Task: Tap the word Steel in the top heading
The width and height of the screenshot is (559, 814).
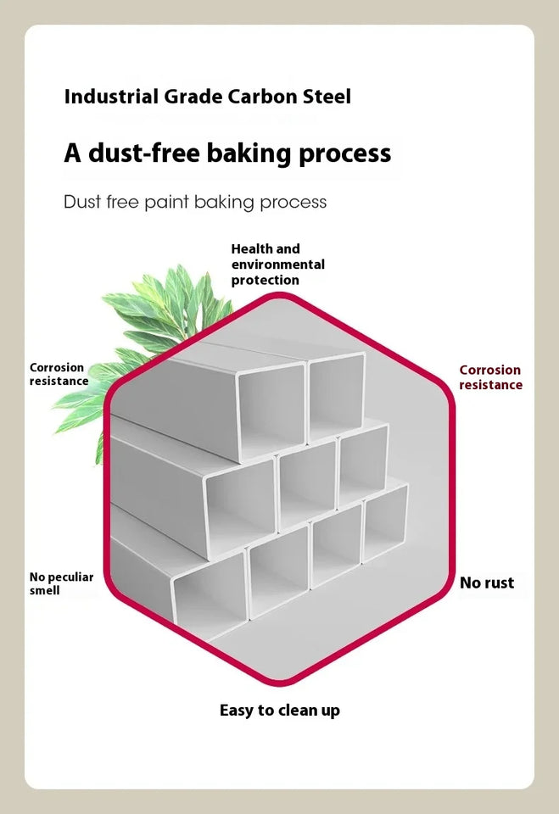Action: click(327, 97)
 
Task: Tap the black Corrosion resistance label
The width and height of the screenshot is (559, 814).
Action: click(58, 374)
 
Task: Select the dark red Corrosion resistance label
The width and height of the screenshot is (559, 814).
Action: click(490, 377)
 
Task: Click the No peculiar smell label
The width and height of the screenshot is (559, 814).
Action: click(61, 583)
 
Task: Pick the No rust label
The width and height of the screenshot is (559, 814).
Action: click(487, 583)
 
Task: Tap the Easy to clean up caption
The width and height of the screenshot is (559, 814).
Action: click(280, 711)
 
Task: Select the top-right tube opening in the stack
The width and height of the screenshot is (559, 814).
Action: click(337, 396)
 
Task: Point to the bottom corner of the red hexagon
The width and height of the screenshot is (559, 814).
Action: click(280, 681)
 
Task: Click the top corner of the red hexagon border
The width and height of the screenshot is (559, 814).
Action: click(280, 296)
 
